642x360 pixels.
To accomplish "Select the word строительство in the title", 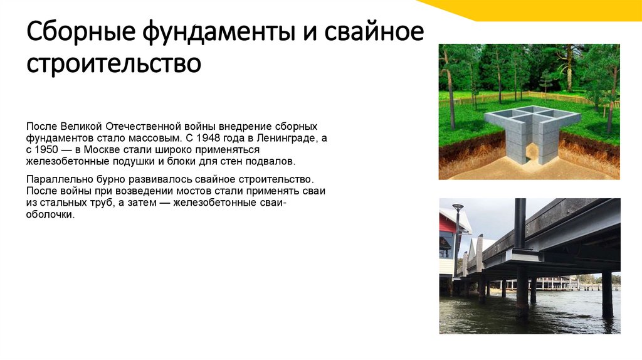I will pos(113,64).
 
